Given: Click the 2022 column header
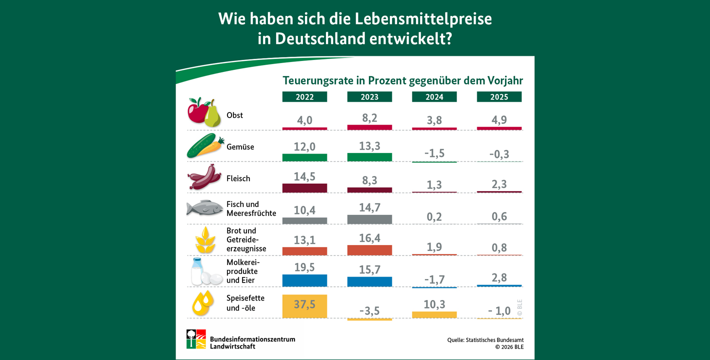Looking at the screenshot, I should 304,97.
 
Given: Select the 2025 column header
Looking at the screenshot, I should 499,97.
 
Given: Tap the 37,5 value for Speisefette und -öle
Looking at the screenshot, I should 304,304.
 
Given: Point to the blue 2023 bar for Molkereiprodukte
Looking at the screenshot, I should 369,281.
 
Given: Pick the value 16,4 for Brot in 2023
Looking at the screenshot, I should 369,238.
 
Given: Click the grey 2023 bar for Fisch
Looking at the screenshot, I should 369,219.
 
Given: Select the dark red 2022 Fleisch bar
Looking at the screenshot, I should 304,188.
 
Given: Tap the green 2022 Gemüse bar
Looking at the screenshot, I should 304,157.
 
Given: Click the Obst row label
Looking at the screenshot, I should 234,115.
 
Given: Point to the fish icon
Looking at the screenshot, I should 204,208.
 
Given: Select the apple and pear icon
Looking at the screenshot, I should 204,112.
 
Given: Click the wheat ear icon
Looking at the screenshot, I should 205,240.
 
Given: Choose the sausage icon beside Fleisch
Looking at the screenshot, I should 204,177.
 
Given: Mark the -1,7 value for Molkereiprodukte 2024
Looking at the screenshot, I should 434,279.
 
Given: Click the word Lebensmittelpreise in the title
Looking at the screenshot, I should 423,19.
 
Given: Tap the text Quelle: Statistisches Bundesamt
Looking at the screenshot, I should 485,340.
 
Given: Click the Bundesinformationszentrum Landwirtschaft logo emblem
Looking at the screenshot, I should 196,339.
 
